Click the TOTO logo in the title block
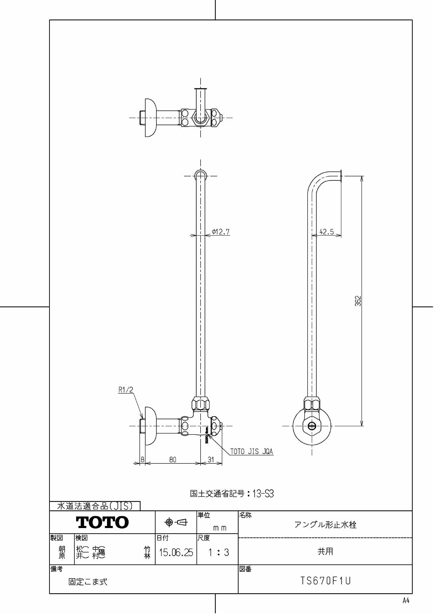(102, 522)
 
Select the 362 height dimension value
(358, 301)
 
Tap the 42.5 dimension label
(327, 232)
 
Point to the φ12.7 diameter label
(221, 231)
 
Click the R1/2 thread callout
(126, 390)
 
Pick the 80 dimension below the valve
(173, 459)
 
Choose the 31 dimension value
(211, 459)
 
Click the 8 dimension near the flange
(142, 459)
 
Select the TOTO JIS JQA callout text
(251, 452)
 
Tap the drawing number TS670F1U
(325, 581)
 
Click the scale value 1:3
(218, 553)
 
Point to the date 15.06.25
(176, 553)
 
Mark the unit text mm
(220, 528)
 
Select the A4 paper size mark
(406, 601)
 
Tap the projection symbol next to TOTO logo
(176, 522)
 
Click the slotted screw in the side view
(312, 426)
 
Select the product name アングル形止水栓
(325, 525)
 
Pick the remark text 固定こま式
(88, 582)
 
